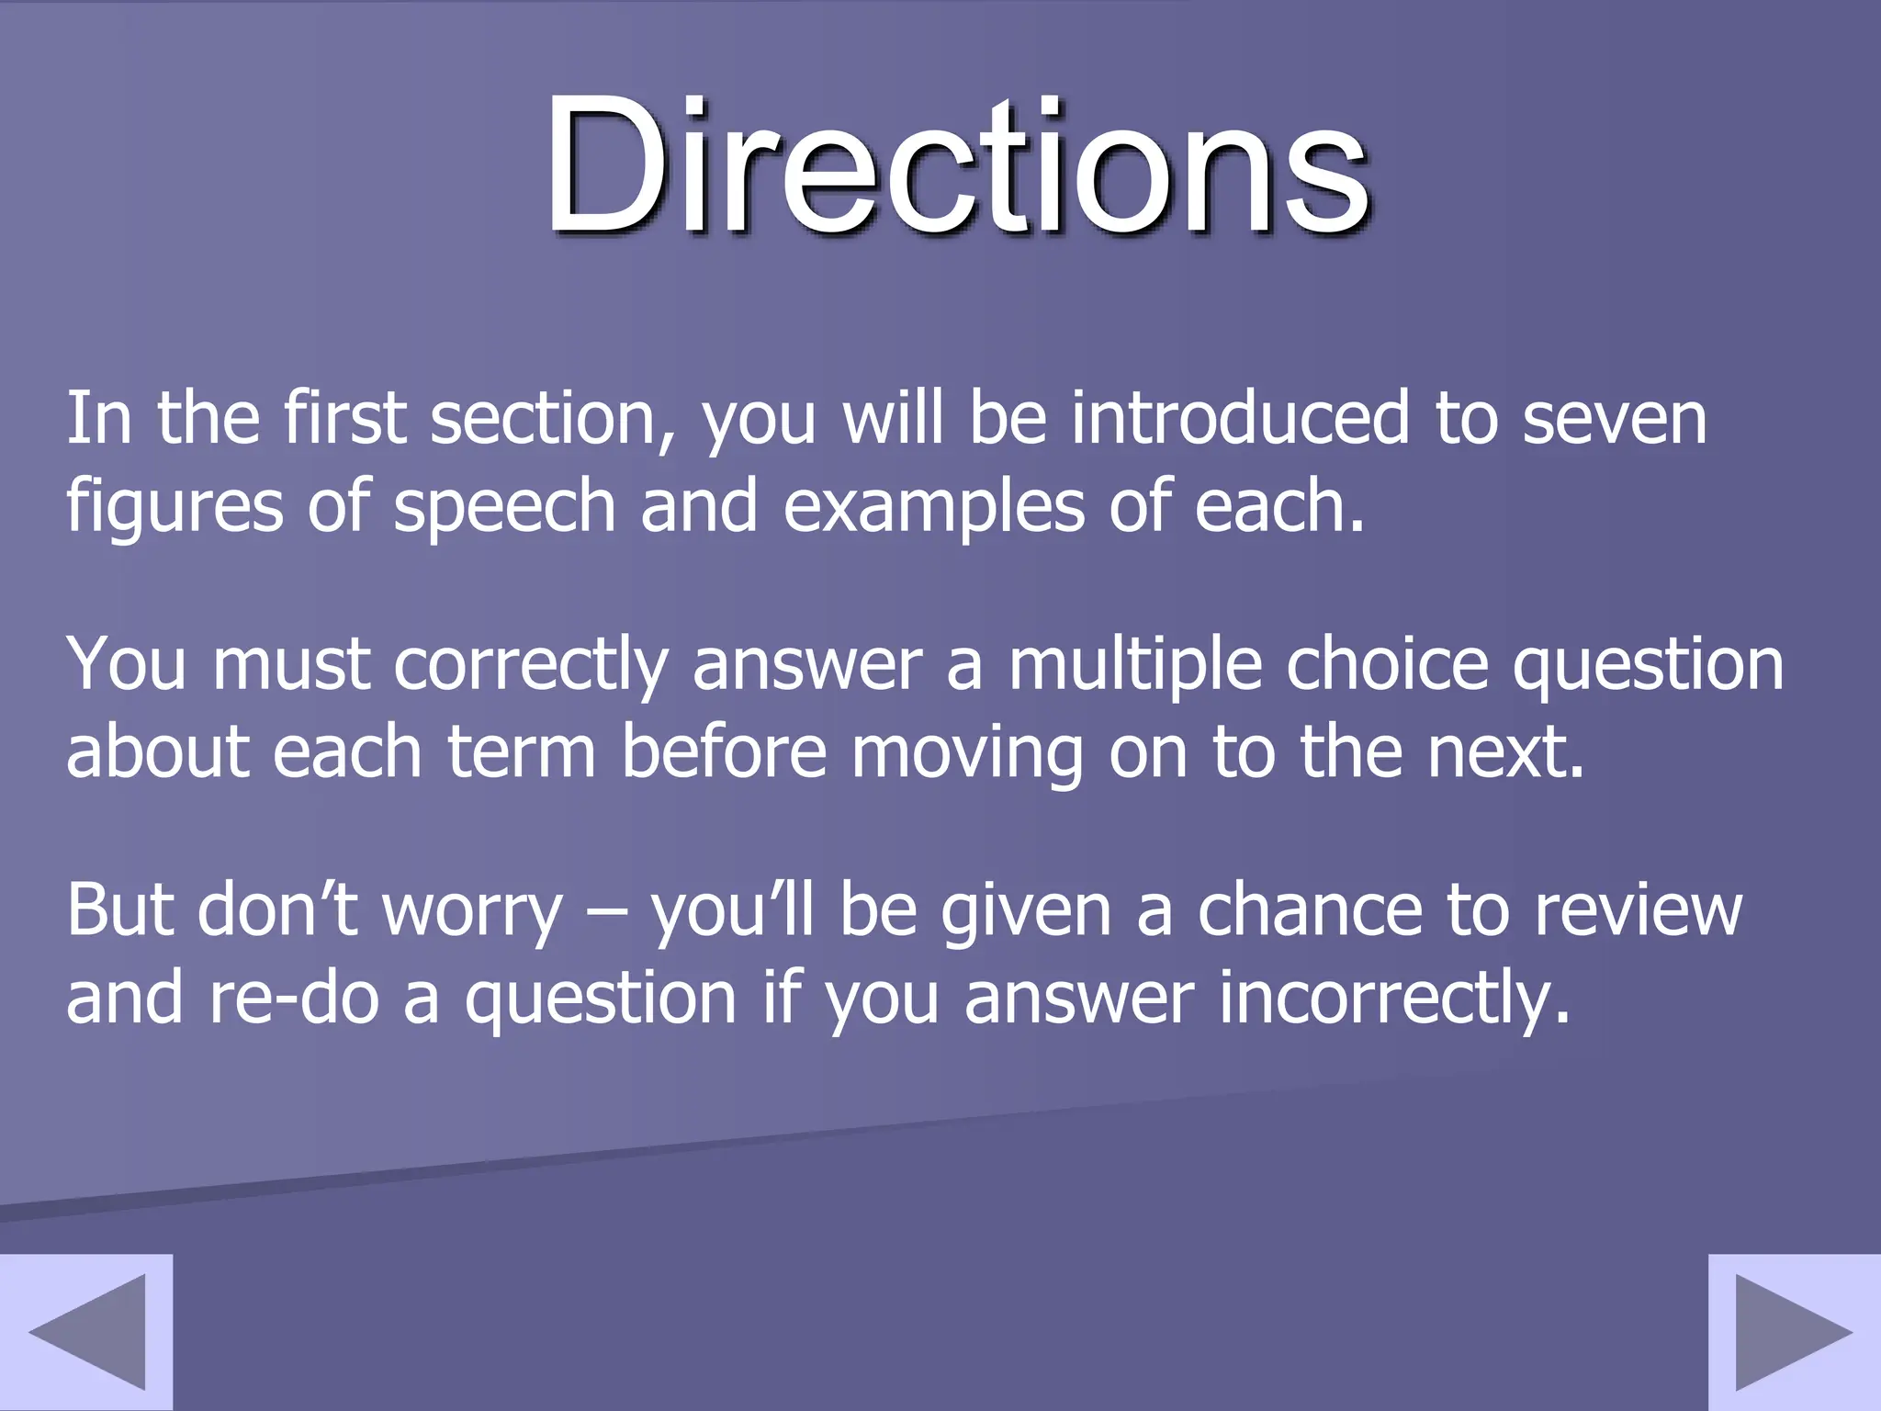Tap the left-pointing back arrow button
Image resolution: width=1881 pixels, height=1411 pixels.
(x=86, y=1331)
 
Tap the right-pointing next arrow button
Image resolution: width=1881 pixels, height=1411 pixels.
(x=1794, y=1331)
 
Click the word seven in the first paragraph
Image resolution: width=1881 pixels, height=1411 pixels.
(x=1614, y=419)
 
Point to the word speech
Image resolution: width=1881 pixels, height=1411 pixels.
(x=503, y=508)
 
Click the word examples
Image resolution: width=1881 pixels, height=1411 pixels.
(x=933, y=508)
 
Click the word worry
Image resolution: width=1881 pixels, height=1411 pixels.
(x=471, y=910)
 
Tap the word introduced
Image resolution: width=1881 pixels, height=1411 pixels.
(x=1240, y=419)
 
